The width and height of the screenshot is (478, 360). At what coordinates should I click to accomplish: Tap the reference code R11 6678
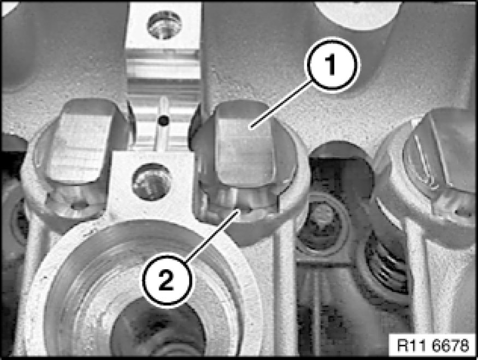[x=433, y=345]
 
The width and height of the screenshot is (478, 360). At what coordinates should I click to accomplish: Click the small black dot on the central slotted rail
[x=164, y=121]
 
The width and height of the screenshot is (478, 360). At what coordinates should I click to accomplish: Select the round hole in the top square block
[x=164, y=25]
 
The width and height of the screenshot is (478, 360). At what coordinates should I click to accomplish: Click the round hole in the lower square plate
[x=151, y=182]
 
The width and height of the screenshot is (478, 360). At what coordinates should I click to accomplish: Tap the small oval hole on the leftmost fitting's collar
[x=79, y=206]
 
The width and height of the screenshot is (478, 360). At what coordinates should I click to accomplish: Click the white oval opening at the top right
[x=358, y=14]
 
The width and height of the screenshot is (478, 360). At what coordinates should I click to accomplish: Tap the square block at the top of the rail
[x=164, y=26]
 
